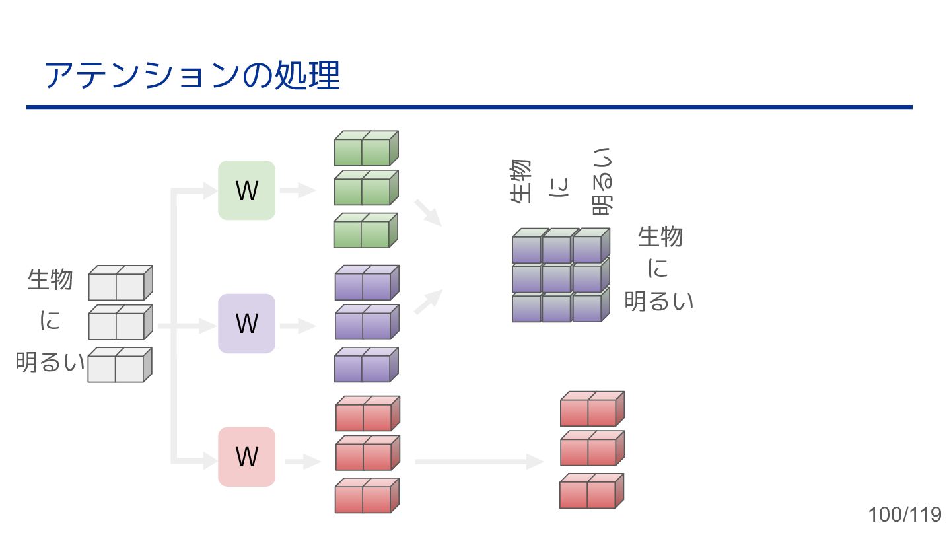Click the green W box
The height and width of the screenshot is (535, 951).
coord(246,190)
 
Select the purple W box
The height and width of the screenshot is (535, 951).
coord(246,324)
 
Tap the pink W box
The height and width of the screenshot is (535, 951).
coord(246,456)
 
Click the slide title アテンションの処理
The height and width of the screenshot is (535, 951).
coord(192,75)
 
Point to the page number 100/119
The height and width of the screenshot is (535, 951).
coord(905,515)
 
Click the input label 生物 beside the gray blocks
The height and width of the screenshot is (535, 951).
coord(50,279)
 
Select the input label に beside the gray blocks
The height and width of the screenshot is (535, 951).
coord(50,321)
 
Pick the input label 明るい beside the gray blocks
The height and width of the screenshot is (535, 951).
coord(50,363)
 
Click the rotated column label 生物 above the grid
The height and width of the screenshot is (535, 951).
coord(521,181)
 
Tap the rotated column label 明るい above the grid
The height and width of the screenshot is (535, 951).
coord(602,181)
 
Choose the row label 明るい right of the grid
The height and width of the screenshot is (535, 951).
coord(658,301)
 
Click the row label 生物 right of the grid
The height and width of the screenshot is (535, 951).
coord(660,236)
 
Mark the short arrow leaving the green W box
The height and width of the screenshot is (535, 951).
coord(297,191)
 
